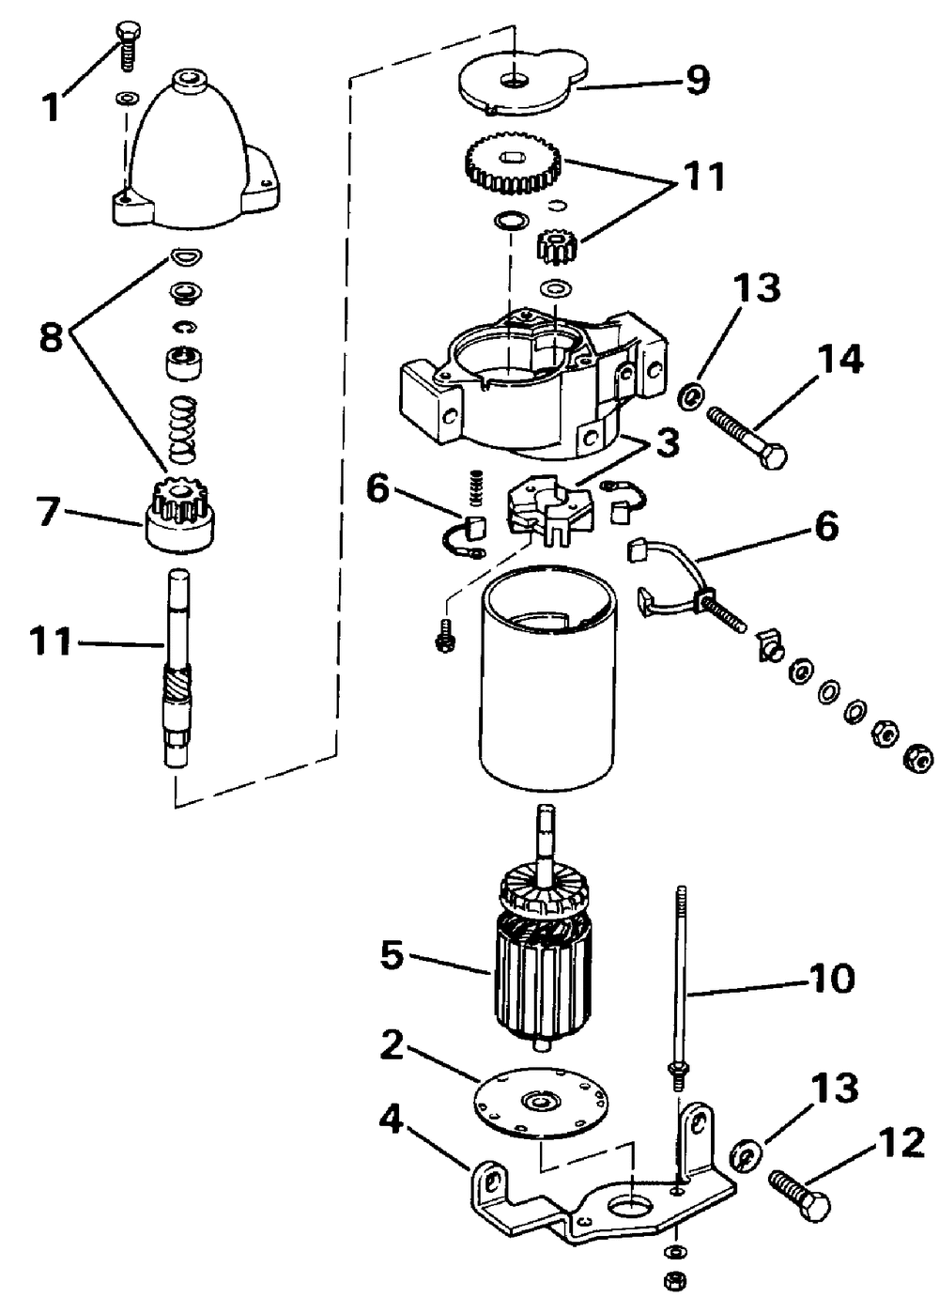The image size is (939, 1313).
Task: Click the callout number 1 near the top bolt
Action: click(x=53, y=107)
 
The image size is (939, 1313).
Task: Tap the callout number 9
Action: click(x=698, y=80)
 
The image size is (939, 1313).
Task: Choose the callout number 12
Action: click(x=901, y=1143)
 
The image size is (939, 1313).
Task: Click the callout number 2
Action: click(x=393, y=1045)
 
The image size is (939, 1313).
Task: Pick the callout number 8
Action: click(x=51, y=337)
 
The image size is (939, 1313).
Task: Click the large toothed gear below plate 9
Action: click(x=513, y=165)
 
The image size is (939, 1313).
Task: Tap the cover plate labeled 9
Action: click(x=521, y=79)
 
